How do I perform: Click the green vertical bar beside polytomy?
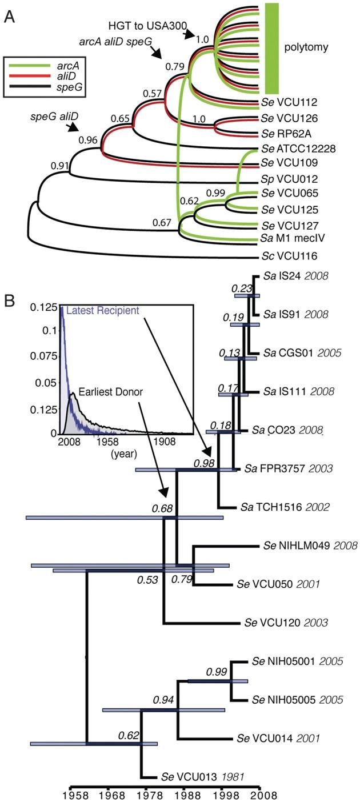click(x=271, y=48)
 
